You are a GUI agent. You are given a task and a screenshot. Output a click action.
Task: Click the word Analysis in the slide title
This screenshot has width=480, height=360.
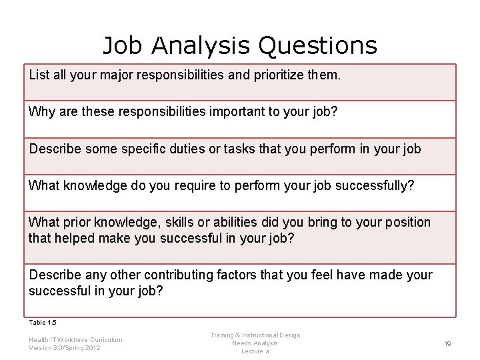(201, 45)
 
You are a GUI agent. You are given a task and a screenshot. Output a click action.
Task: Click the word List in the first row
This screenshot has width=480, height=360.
(39, 75)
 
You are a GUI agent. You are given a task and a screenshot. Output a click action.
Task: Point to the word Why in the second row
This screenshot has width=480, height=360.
(41, 111)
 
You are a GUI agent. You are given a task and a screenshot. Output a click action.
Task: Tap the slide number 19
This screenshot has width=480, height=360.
(448, 343)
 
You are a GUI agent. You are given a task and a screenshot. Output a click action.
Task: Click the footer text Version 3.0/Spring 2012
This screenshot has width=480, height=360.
(65, 348)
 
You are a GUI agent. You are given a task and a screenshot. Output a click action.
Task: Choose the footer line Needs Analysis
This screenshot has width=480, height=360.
(255, 343)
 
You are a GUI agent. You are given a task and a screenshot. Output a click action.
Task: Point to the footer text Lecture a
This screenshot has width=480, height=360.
(255, 351)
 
